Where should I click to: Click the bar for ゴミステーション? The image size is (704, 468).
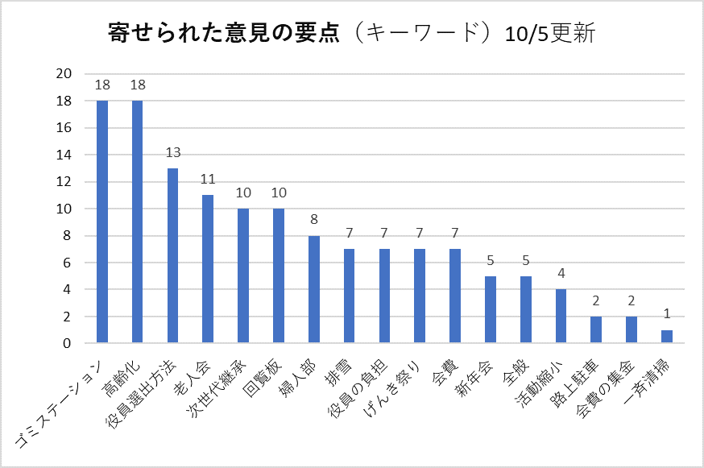point(102,222)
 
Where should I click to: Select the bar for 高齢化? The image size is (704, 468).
point(138,222)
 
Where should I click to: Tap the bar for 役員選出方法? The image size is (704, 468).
point(172,256)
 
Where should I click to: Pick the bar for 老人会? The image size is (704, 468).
point(208,269)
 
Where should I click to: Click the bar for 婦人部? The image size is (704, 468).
point(314,290)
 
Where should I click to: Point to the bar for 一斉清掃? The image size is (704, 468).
point(667,337)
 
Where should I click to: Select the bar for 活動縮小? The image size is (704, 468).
point(561,317)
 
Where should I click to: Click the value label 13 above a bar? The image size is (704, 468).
point(172,153)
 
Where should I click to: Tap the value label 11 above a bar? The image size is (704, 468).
point(208,180)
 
